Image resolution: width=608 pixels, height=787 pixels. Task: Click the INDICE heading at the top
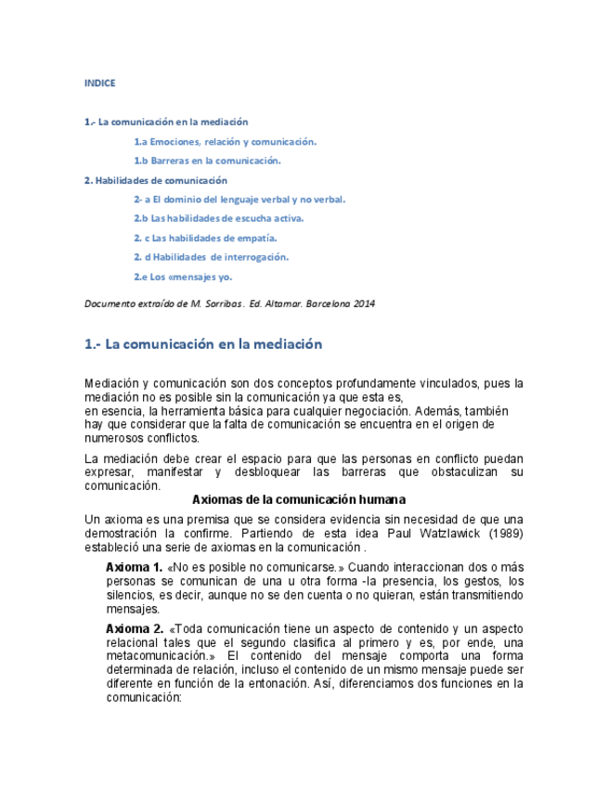(99, 84)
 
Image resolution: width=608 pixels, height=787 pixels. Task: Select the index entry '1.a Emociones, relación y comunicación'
(225, 142)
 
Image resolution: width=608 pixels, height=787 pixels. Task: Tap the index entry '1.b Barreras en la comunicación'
(207, 161)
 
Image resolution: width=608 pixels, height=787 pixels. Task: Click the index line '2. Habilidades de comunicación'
(155, 180)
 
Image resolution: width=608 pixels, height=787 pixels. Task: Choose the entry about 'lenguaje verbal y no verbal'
(239, 200)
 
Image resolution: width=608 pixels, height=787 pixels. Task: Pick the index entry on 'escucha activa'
(219, 219)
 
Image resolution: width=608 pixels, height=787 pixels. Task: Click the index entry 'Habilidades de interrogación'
(211, 257)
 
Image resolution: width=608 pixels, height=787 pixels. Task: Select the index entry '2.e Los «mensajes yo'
(183, 277)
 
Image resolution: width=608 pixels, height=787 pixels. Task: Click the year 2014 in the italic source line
(364, 303)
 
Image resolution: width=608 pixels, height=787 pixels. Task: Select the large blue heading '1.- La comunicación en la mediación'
(203, 344)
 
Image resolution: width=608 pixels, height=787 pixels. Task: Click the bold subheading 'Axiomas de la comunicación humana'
(304, 499)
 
